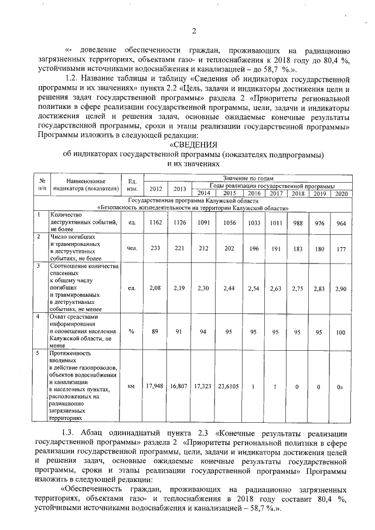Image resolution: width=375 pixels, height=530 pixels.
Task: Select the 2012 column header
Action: point(156,189)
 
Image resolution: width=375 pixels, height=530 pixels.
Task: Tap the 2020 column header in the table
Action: point(340,193)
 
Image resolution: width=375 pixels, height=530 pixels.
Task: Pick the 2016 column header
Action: point(254,193)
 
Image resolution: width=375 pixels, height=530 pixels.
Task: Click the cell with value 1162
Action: point(156,223)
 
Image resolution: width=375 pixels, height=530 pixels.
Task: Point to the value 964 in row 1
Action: point(340,223)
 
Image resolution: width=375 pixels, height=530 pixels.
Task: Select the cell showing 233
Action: point(156,248)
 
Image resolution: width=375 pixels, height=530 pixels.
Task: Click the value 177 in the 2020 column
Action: point(340,248)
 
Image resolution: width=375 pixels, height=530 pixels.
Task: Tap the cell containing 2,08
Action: point(156,289)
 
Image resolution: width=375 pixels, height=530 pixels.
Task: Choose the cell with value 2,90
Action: point(340,289)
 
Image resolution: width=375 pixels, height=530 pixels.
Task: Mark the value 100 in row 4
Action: point(340,331)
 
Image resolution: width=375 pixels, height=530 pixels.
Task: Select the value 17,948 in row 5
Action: point(156,387)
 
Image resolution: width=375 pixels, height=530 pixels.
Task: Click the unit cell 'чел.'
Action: point(132,248)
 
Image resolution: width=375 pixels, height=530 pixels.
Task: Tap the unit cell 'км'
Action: point(132,387)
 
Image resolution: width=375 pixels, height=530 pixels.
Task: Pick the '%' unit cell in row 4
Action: point(132,331)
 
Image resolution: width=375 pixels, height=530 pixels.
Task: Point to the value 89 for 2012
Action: point(156,331)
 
